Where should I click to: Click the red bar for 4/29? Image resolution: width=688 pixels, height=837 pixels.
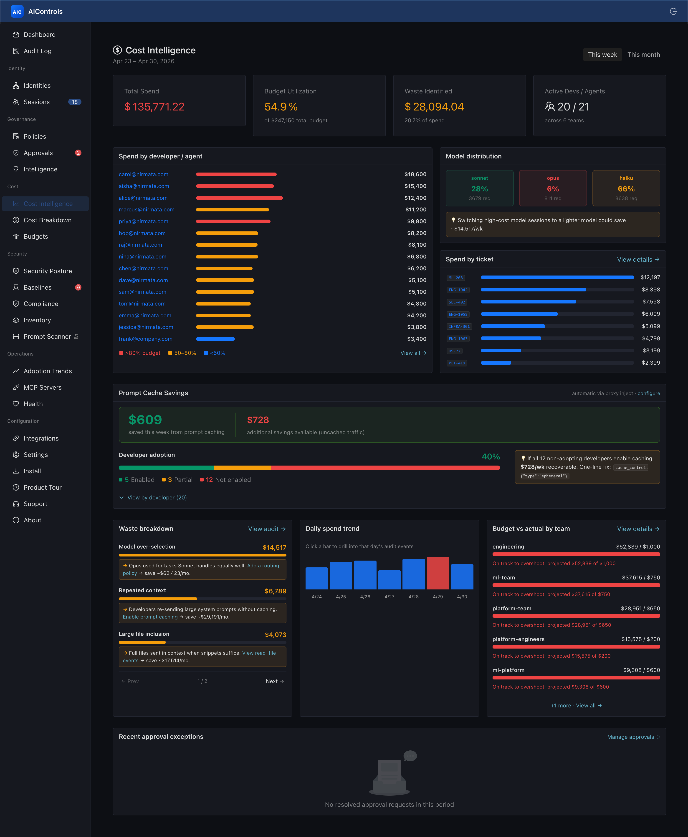click(438, 573)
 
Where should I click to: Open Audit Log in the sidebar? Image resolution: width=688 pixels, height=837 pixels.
click(37, 51)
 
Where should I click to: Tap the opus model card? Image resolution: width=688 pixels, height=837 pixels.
click(553, 188)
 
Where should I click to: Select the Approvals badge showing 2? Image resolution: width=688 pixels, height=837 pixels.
click(78, 153)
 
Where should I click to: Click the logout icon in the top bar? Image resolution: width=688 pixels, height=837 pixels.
click(673, 12)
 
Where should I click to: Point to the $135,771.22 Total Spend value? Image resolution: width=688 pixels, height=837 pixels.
click(154, 107)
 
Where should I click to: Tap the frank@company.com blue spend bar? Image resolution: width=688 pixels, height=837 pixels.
click(215, 339)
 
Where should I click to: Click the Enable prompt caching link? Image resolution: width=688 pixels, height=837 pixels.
click(150, 617)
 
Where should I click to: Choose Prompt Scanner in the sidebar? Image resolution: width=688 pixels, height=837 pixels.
click(47, 336)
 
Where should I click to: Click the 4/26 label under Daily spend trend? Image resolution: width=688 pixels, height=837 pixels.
click(365, 597)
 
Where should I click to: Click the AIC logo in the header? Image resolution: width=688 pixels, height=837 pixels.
click(17, 12)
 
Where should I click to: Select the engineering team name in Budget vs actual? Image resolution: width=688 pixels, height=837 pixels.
click(508, 546)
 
